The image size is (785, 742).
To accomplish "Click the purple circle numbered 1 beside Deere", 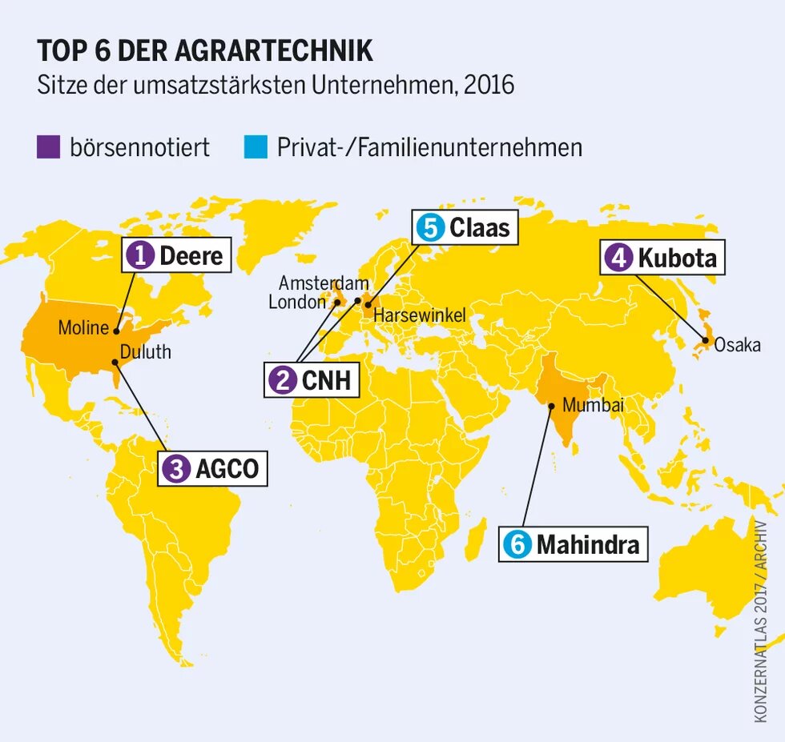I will tap(141, 256).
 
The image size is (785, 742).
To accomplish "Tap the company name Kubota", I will tap(677, 259).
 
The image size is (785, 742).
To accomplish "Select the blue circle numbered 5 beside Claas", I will tap(430, 228).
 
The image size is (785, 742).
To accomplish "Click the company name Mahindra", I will tap(588, 545).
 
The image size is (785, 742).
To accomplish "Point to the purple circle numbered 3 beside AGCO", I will tap(175, 469).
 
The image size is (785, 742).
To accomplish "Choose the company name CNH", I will tap(326, 380).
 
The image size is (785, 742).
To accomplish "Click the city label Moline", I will tap(83, 327).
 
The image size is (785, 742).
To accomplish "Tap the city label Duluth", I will tap(145, 352).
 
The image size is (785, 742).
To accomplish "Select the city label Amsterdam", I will tap(324, 283).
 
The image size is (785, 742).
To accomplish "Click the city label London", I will tap(297, 302).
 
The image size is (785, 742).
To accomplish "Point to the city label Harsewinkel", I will tap(419, 315).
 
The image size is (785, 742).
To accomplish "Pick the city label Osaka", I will tap(737, 346).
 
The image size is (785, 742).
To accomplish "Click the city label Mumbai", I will tap(593, 405).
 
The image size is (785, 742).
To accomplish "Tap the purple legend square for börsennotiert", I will tap(48, 147).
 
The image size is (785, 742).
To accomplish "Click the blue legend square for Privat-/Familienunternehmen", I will tap(254, 147).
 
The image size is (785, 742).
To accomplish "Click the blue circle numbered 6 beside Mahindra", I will tap(517, 545).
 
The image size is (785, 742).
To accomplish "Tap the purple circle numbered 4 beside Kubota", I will tap(618, 259).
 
